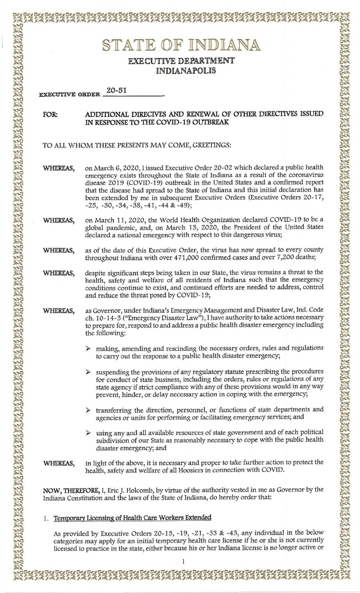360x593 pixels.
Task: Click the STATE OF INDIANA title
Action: [181, 45]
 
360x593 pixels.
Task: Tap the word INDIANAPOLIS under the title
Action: [181, 71]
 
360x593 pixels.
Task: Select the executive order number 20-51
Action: [116, 91]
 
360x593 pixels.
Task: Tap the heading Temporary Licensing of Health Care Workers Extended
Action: [133, 518]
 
